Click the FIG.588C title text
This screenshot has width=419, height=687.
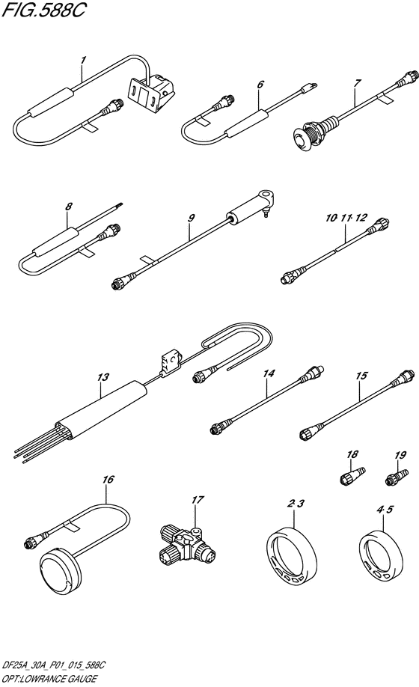point(44,10)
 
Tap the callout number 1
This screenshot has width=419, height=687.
point(84,60)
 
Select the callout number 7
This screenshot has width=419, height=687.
point(358,83)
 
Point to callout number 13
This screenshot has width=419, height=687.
point(103,376)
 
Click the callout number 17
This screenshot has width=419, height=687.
point(198,500)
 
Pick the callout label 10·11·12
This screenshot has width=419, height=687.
point(346,218)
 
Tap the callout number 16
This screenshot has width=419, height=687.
point(108,479)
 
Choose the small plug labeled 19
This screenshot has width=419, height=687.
point(397,477)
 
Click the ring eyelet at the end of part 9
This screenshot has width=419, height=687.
point(266,196)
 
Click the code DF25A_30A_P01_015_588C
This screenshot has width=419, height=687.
point(53,665)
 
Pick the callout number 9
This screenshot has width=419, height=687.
point(192,218)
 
